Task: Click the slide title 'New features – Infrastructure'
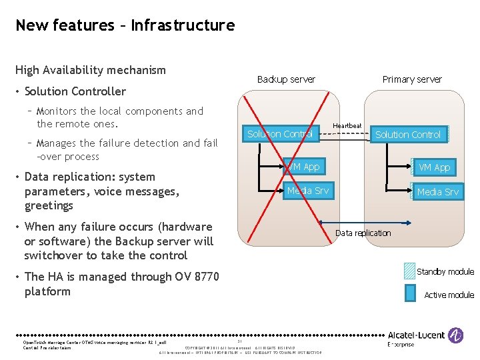[125, 25]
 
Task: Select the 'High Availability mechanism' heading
[90, 70]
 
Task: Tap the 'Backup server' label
[286, 79]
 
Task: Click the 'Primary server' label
[411, 79]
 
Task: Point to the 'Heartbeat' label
[347, 125]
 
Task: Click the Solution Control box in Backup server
[280, 134]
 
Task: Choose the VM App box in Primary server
[434, 167]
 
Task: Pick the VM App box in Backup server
[303, 167]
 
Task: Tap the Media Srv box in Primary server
[437, 192]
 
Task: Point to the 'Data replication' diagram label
[363, 233]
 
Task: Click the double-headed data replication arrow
[363, 223]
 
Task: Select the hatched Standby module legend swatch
[409, 271]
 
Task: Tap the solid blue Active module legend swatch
[409, 294]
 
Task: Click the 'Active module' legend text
[449, 295]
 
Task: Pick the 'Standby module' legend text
[445, 271]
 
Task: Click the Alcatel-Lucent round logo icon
[457, 335]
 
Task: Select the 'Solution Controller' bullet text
[75, 91]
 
